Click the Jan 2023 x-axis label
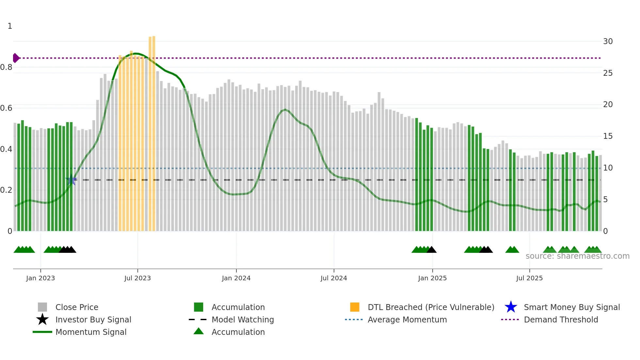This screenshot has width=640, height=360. [40, 278]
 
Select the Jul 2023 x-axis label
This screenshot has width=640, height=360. [137, 278]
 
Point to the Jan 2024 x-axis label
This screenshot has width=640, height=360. [236, 278]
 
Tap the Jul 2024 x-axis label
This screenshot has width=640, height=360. [334, 278]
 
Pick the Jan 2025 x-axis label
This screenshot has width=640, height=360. [432, 278]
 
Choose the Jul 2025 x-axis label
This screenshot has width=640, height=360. [529, 278]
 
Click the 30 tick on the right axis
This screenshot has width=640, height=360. [608, 41]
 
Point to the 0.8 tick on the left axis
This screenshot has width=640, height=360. [6, 67]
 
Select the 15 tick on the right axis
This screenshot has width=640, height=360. [608, 136]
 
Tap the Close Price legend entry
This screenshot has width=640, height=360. [77, 307]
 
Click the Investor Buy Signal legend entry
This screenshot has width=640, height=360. [93, 319]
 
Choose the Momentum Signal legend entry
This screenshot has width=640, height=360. [91, 332]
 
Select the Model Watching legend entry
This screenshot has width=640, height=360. [243, 319]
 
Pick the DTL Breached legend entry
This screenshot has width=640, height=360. [431, 307]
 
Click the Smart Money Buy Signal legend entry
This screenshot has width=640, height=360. [571, 307]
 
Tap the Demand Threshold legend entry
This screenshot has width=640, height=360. [561, 319]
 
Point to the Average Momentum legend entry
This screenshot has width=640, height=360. [407, 319]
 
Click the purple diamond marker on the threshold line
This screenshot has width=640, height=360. [16, 58]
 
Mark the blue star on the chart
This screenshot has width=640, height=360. [71, 180]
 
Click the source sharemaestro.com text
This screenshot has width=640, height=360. [577, 256]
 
